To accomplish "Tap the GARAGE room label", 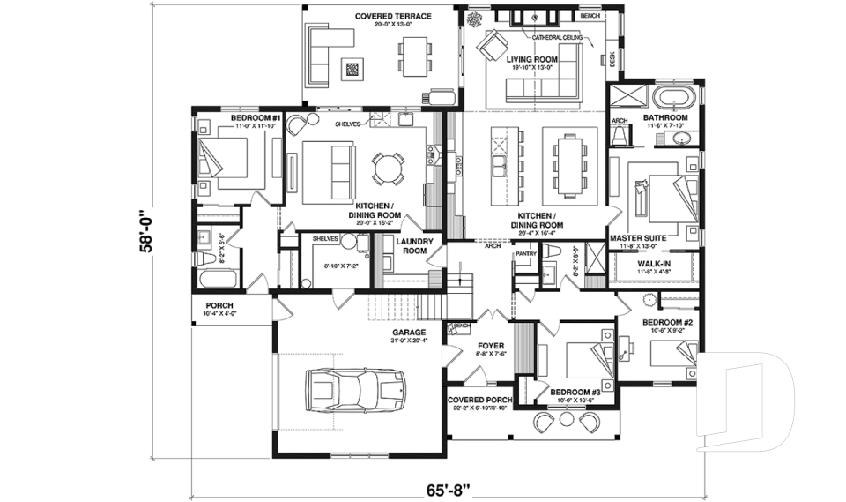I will coord(410,333).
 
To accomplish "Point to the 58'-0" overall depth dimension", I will coord(147,232).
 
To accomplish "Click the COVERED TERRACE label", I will coord(392,16).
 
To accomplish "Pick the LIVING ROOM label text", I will coord(533,58).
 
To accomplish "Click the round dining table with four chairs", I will coord(389,168).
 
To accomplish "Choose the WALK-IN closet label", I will coord(653,262).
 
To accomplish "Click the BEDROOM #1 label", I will coord(256,118).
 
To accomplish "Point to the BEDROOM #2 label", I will coord(667,323).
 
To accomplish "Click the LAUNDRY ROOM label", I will coord(412,245).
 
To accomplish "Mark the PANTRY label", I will coord(526,253).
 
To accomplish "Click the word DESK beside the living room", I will coord(612,59).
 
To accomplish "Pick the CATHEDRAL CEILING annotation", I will coord(557,37).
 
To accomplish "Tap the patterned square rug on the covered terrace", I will coord(353,68).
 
